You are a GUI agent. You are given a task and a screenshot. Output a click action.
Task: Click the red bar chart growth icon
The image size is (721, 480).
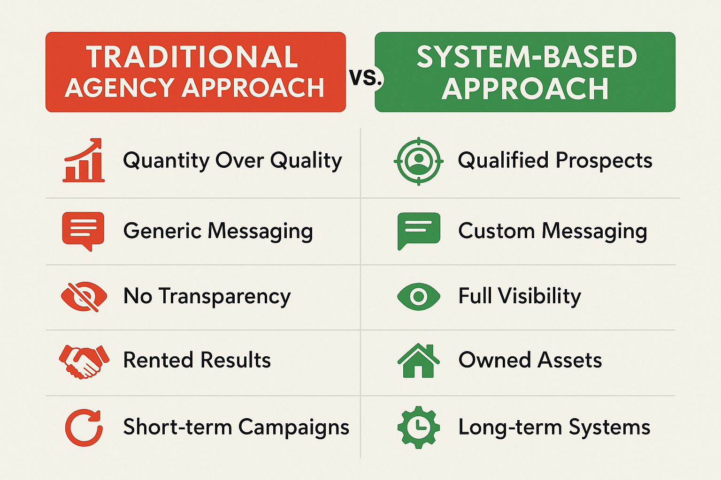coord(84,160)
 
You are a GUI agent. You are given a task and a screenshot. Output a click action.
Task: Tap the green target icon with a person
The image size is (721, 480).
coord(418,161)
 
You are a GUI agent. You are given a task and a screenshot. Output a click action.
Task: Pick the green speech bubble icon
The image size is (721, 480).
coord(419,231)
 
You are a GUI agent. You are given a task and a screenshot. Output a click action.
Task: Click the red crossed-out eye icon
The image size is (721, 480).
coord(84,296)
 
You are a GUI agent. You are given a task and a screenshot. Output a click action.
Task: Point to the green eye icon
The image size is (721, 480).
coord(418,296)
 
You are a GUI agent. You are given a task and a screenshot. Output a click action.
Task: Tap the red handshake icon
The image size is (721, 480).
coord(84,361)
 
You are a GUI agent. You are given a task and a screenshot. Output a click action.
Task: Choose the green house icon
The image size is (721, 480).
coord(418,360)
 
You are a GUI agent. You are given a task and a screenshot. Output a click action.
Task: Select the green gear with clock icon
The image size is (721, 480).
coord(418,427)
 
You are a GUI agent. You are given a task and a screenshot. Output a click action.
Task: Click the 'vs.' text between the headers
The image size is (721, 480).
coord(366,77)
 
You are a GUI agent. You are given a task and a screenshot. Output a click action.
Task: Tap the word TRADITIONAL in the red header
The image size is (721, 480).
coord(192,57)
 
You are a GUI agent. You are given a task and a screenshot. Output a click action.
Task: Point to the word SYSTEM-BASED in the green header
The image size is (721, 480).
coord(527,57)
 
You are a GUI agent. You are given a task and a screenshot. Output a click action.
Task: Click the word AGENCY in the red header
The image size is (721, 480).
coord(119,88)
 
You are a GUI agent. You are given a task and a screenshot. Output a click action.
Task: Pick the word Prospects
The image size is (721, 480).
coord(604,161)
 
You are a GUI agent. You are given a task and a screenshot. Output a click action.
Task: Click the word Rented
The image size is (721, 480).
coord(158,360)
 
